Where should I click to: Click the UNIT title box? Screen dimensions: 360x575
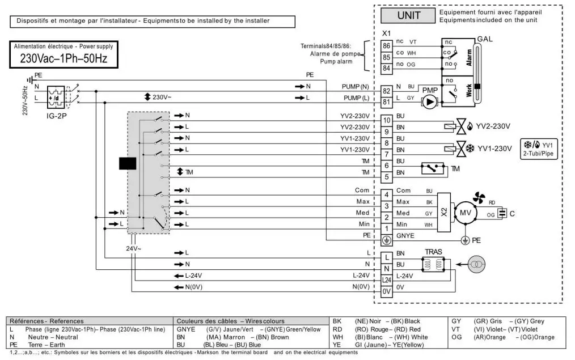click(x=408, y=15)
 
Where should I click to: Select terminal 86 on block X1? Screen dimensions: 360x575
click(x=387, y=45)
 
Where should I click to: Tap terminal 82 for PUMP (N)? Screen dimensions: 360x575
click(x=387, y=91)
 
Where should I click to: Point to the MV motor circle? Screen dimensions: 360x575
click(x=465, y=213)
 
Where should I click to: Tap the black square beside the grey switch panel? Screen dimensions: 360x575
click(x=128, y=163)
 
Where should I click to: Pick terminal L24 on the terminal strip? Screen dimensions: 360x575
click(x=387, y=280)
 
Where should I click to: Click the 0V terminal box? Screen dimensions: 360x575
click(x=387, y=291)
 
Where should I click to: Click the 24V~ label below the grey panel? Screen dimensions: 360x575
click(x=134, y=248)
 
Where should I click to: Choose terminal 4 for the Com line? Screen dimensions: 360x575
click(x=387, y=195)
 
